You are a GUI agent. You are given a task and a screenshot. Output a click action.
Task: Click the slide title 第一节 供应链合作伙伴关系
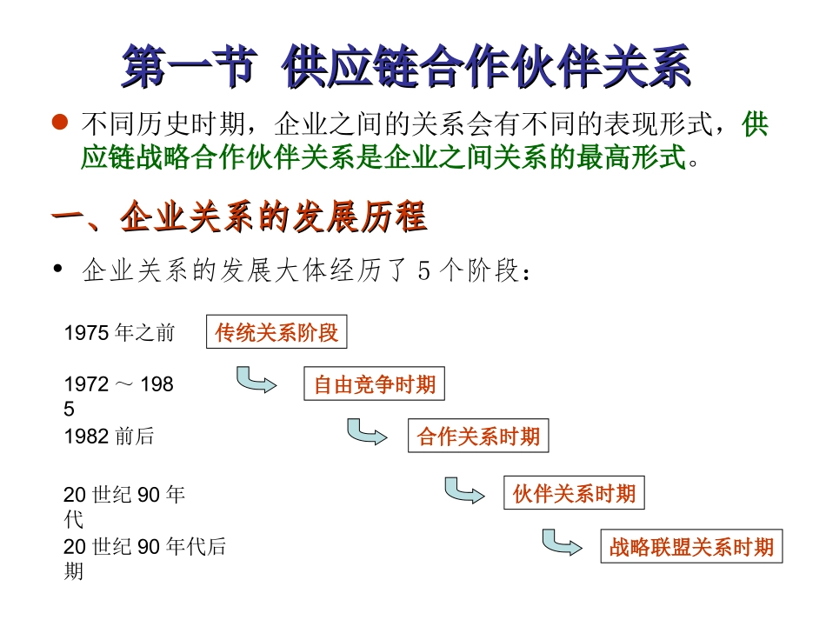(406, 67)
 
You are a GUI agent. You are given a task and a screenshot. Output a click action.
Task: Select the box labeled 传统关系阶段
(276, 332)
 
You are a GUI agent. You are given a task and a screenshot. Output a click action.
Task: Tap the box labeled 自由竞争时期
(374, 384)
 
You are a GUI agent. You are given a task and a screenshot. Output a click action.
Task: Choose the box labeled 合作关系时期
(478, 437)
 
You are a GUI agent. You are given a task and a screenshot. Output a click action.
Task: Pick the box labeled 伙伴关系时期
(574, 495)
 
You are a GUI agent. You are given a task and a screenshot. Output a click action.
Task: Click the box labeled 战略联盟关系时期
(691, 547)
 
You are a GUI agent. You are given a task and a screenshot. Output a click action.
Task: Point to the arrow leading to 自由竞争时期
(256, 380)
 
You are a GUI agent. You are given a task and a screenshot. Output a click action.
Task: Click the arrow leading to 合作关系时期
(366, 432)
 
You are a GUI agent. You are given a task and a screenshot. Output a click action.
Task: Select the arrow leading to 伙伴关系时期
(463, 490)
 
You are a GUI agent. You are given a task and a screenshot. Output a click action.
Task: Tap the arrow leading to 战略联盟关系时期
(561, 543)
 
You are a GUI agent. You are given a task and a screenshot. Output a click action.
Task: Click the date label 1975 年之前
(119, 332)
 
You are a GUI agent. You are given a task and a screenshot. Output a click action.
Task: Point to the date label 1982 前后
(109, 437)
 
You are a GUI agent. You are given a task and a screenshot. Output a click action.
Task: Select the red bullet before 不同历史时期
(59, 124)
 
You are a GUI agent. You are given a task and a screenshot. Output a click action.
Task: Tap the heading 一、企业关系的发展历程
(239, 217)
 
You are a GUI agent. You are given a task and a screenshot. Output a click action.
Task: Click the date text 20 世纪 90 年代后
(144, 547)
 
